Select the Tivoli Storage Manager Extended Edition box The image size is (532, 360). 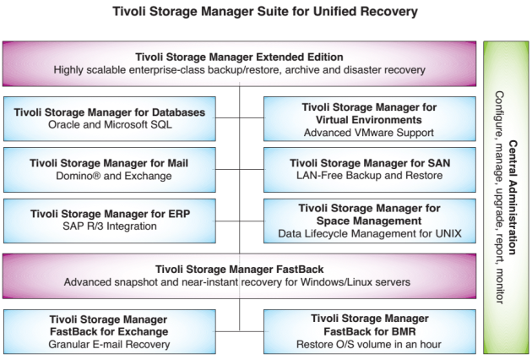coord(239,63)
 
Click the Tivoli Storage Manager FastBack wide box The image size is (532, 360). coord(239,275)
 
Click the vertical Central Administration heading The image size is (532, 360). coord(513,198)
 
